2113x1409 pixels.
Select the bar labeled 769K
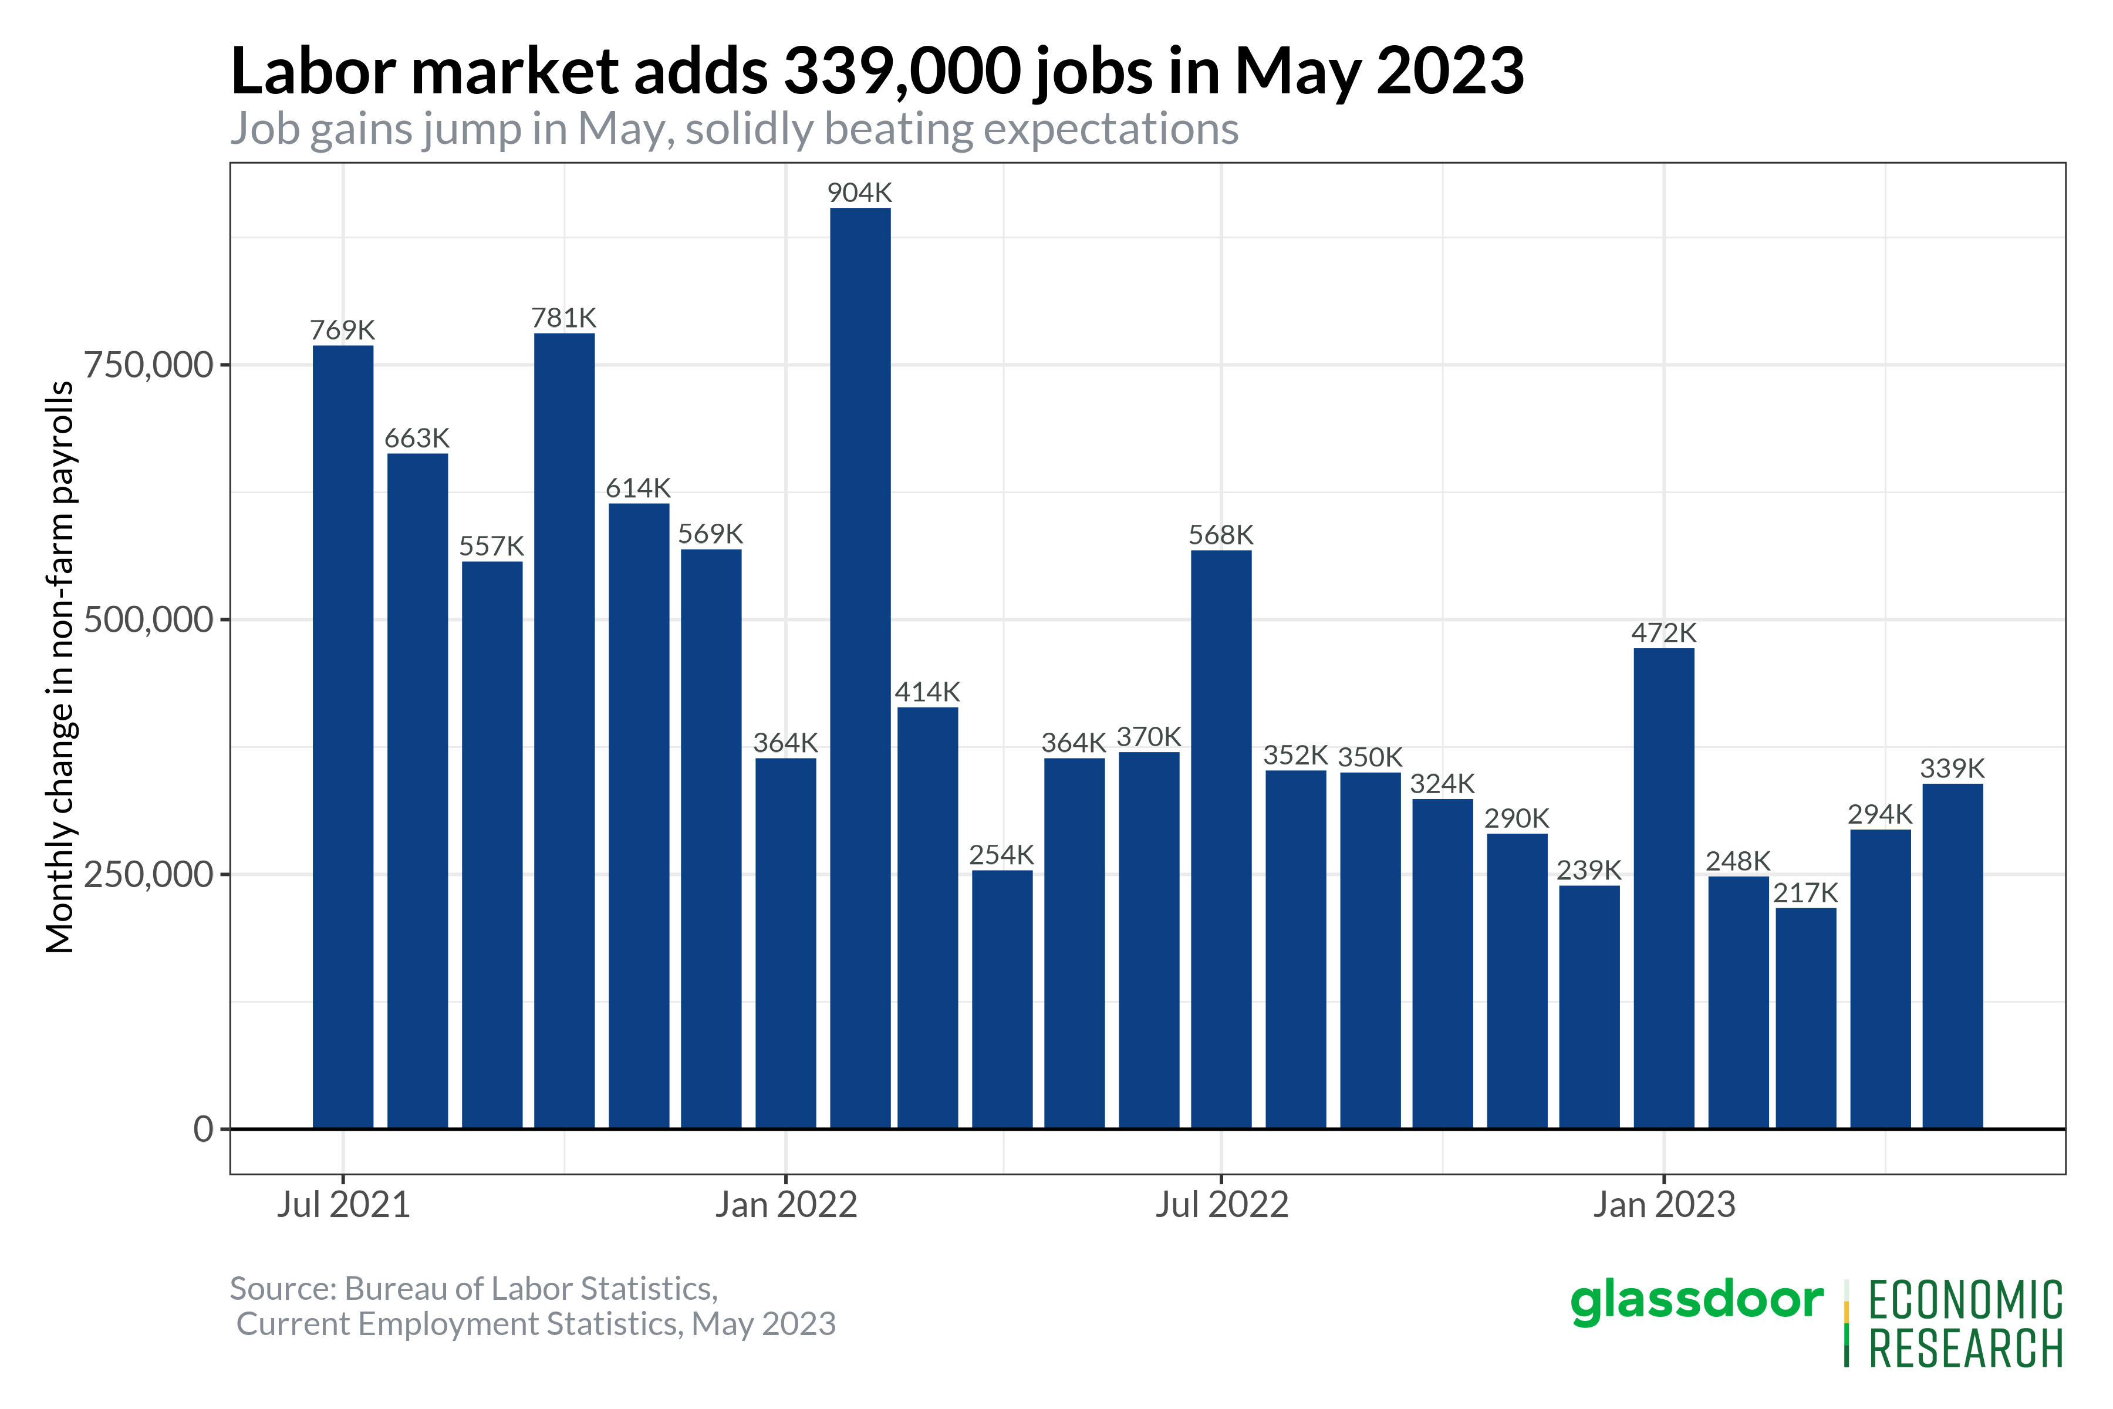click(343, 737)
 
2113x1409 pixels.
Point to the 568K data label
click(1220, 535)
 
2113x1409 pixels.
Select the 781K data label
click(563, 318)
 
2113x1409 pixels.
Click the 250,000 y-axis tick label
click(148, 874)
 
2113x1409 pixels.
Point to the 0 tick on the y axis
click(204, 1128)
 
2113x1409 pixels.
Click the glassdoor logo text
click(1696, 1300)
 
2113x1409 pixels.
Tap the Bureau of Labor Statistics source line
click(474, 1289)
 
